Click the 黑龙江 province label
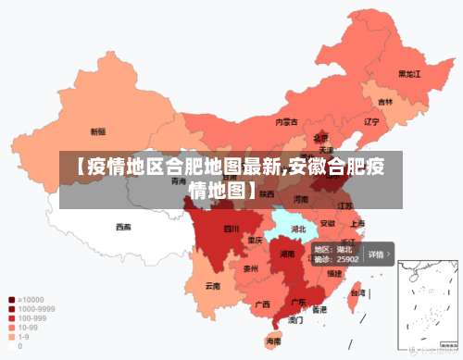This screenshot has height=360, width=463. tap(408, 73)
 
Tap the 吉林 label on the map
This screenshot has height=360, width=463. tap(384, 102)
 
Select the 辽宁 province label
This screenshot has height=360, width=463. tap(371, 121)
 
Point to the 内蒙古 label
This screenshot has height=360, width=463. tap(286, 121)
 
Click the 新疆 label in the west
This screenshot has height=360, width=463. tap(97, 131)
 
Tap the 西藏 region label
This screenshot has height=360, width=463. tap(123, 227)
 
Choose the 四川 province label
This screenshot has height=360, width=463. tap(231, 228)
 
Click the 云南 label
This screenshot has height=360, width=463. tap(213, 286)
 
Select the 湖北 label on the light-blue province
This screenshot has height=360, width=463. tap(298, 228)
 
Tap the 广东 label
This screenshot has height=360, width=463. tap(299, 302)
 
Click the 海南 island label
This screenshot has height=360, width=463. tap(273, 341)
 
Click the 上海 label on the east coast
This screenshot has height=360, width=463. tap(357, 223)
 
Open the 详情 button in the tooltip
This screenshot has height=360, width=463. tap(378, 254)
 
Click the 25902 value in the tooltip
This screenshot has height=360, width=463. tap(348, 260)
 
